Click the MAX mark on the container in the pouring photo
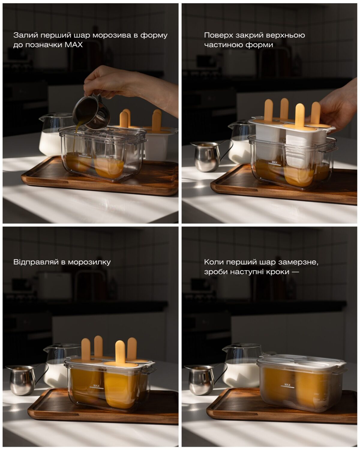point(85,155)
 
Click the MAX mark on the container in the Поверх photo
point(274,162)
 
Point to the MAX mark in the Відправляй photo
point(96,386)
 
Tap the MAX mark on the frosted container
point(287,385)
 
